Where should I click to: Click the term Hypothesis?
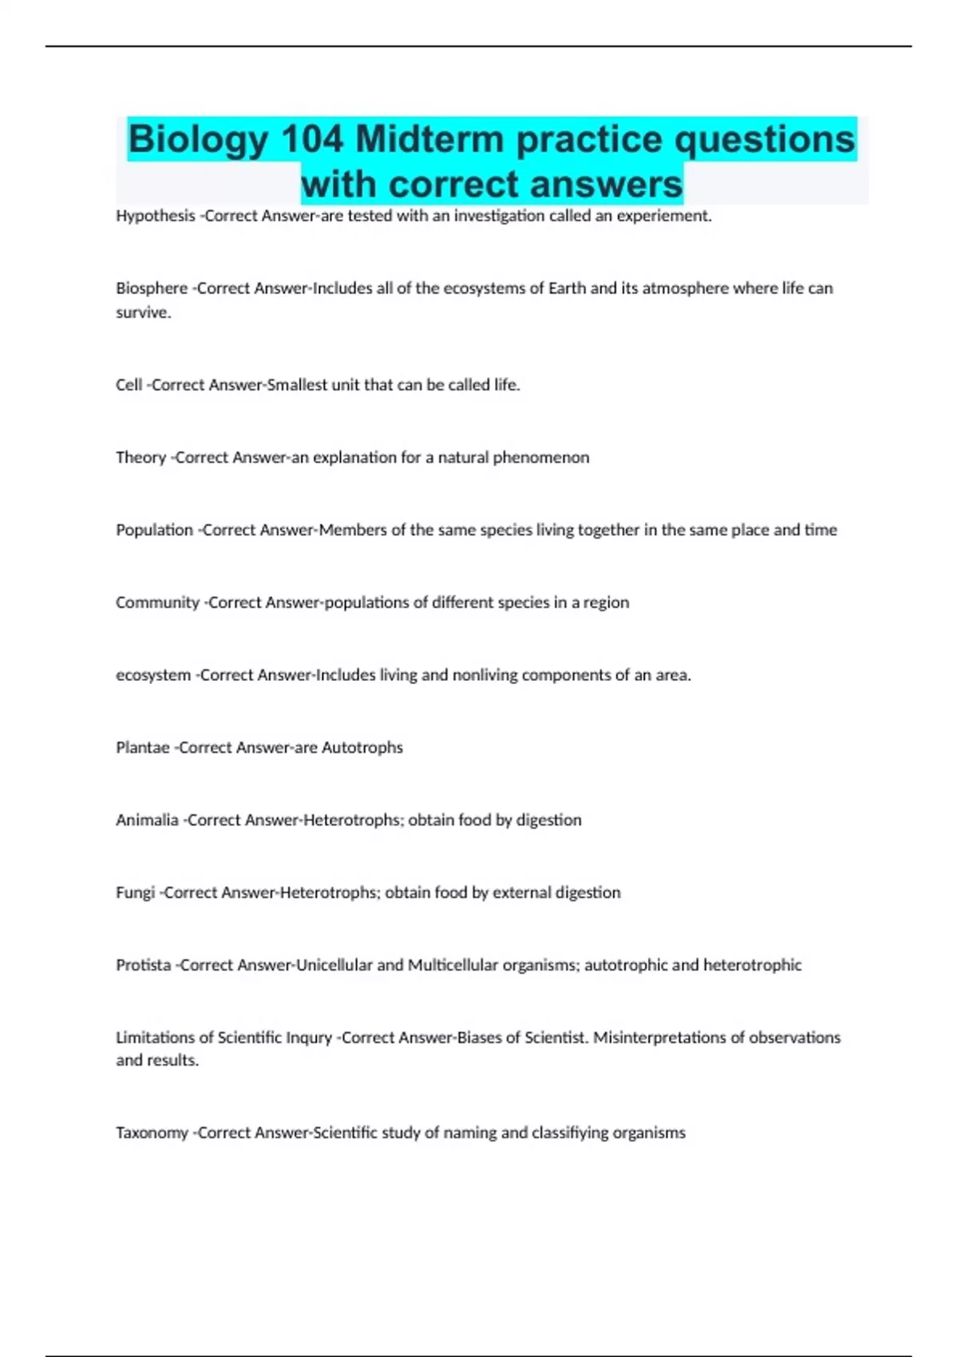[155, 216]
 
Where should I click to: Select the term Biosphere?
[152, 288]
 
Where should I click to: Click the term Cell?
[129, 385]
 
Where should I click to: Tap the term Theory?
[141, 457]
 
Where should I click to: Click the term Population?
[154, 530]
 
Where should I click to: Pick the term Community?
[157, 603]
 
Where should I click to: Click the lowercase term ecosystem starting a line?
[152, 675]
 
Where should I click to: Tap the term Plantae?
[143, 748]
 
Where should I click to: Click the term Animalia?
[147, 820]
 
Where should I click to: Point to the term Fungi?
[135, 892]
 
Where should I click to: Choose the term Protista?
[143, 965]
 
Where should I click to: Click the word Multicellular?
[453, 965]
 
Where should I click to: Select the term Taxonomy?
[152, 1133]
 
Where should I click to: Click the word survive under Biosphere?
[143, 313]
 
